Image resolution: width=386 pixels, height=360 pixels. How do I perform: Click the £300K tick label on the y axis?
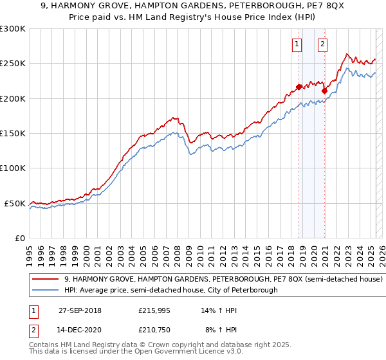tap(12, 29)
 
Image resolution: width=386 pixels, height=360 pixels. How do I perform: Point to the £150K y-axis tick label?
tap(12, 133)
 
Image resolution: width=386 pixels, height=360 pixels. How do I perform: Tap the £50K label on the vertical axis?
tap(15, 203)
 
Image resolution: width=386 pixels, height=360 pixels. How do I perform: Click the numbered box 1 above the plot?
tap(297, 44)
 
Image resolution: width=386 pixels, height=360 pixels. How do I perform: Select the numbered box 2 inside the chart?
tap(322, 44)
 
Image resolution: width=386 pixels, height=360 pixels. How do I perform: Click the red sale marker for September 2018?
tap(299, 87)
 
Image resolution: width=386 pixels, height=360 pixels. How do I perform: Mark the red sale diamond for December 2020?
tap(324, 91)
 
